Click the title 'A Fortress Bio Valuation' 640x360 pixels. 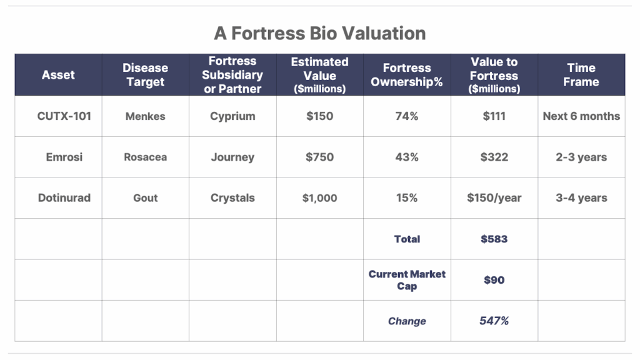319,34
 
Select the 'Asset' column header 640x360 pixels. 58,75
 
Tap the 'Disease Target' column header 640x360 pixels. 145,75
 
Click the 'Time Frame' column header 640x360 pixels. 581,75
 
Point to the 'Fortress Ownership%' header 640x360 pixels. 407,75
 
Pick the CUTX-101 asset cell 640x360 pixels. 64,116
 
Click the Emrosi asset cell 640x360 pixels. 64,157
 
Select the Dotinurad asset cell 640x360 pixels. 64,198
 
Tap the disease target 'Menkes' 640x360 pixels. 145,116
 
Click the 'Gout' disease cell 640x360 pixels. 145,198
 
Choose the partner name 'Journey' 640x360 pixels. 232,157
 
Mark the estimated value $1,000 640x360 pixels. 319,198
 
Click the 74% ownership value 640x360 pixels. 407,116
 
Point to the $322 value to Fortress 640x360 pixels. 494,157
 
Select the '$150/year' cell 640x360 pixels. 494,198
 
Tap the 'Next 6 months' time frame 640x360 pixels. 581,116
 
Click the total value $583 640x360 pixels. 494,239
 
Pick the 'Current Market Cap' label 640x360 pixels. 407,280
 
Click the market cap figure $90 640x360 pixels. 494,280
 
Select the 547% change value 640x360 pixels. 494,321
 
